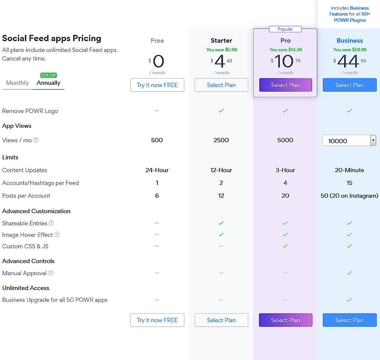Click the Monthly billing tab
pyautogui.click(x=17, y=83)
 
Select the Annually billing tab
pyautogui.click(x=49, y=83)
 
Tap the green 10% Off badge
pyautogui.click(x=49, y=75)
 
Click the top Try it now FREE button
pyautogui.click(x=157, y=85)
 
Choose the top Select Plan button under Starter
pyautogui.click(x=221, y=85)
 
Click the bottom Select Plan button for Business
pyautogui.click(x=349, y=320)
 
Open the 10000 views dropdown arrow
pyautogui.click(x=373, y=141)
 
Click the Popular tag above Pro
pyautogui.click(x=285, y=29)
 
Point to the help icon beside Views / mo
pyautogui.click(x=36, y=140)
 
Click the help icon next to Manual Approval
pyautogui.click(x=51, y=273)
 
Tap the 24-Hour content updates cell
pyautogui.click(x=157, y=170)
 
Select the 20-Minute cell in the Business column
pyautogui.click(x=349, y=170)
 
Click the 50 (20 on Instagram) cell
pyautogui.click(x=349, y=196)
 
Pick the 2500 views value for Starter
pyautogui.click(x=221, y=140)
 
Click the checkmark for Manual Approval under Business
pyautogui.click(x=349, y=273)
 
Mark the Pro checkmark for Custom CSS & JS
pyautogui.click(x=285, y=246)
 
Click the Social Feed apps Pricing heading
pyautogui.click(x=52, y=38)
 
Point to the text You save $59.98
pyautogui.click(x=349, y=50)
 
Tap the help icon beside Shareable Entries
pyautogui.click(x=51, y=223)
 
